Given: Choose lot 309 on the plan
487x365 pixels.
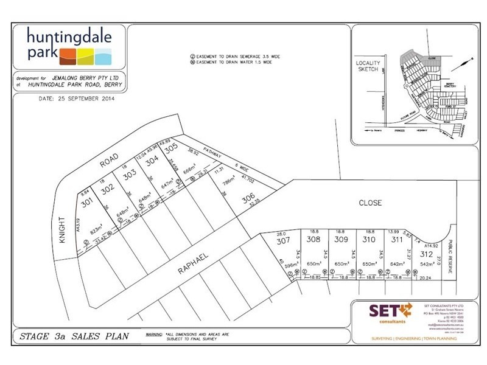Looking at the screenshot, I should [x=341, y=239].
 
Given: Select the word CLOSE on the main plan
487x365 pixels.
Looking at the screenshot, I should [x=370, y=203].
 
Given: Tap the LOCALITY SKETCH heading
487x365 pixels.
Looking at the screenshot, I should [x=368, y=67].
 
